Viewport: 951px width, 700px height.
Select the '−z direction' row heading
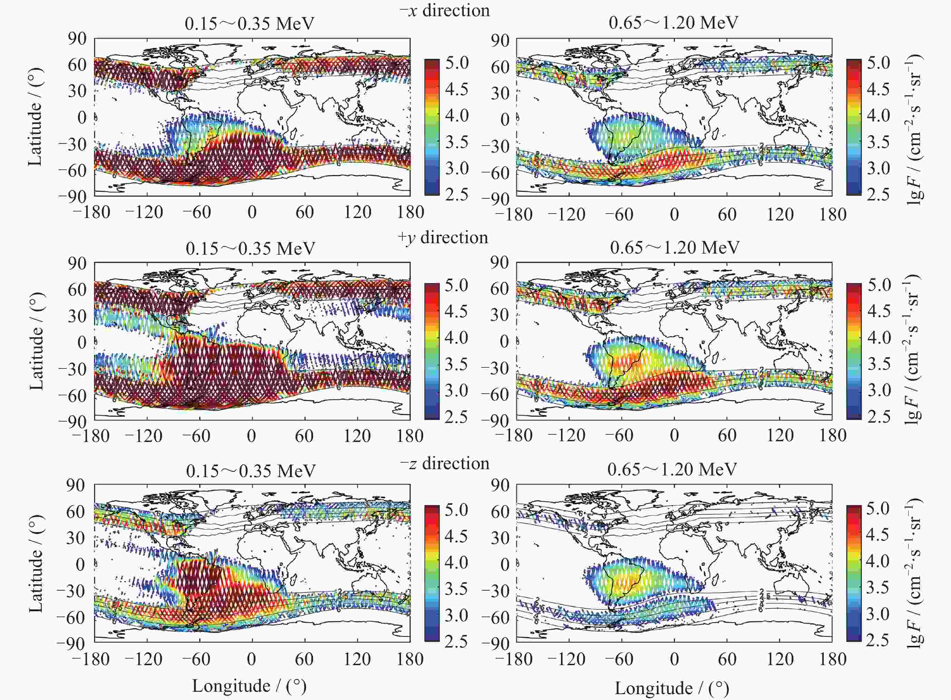click(444, 464)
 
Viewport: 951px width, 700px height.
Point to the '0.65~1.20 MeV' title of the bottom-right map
click(672, 470)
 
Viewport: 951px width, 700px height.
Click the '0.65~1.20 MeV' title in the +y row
click(675, 247)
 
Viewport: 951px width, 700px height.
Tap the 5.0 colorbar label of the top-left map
click(457, 63)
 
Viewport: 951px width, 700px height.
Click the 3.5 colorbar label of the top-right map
click(879, 142)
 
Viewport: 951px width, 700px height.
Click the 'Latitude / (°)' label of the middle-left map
click(37, 341)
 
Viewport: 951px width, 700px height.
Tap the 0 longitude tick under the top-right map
click(674, 214)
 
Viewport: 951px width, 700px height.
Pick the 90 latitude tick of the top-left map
click(77, 39)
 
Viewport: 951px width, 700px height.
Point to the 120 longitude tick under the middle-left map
click(357, 436)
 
